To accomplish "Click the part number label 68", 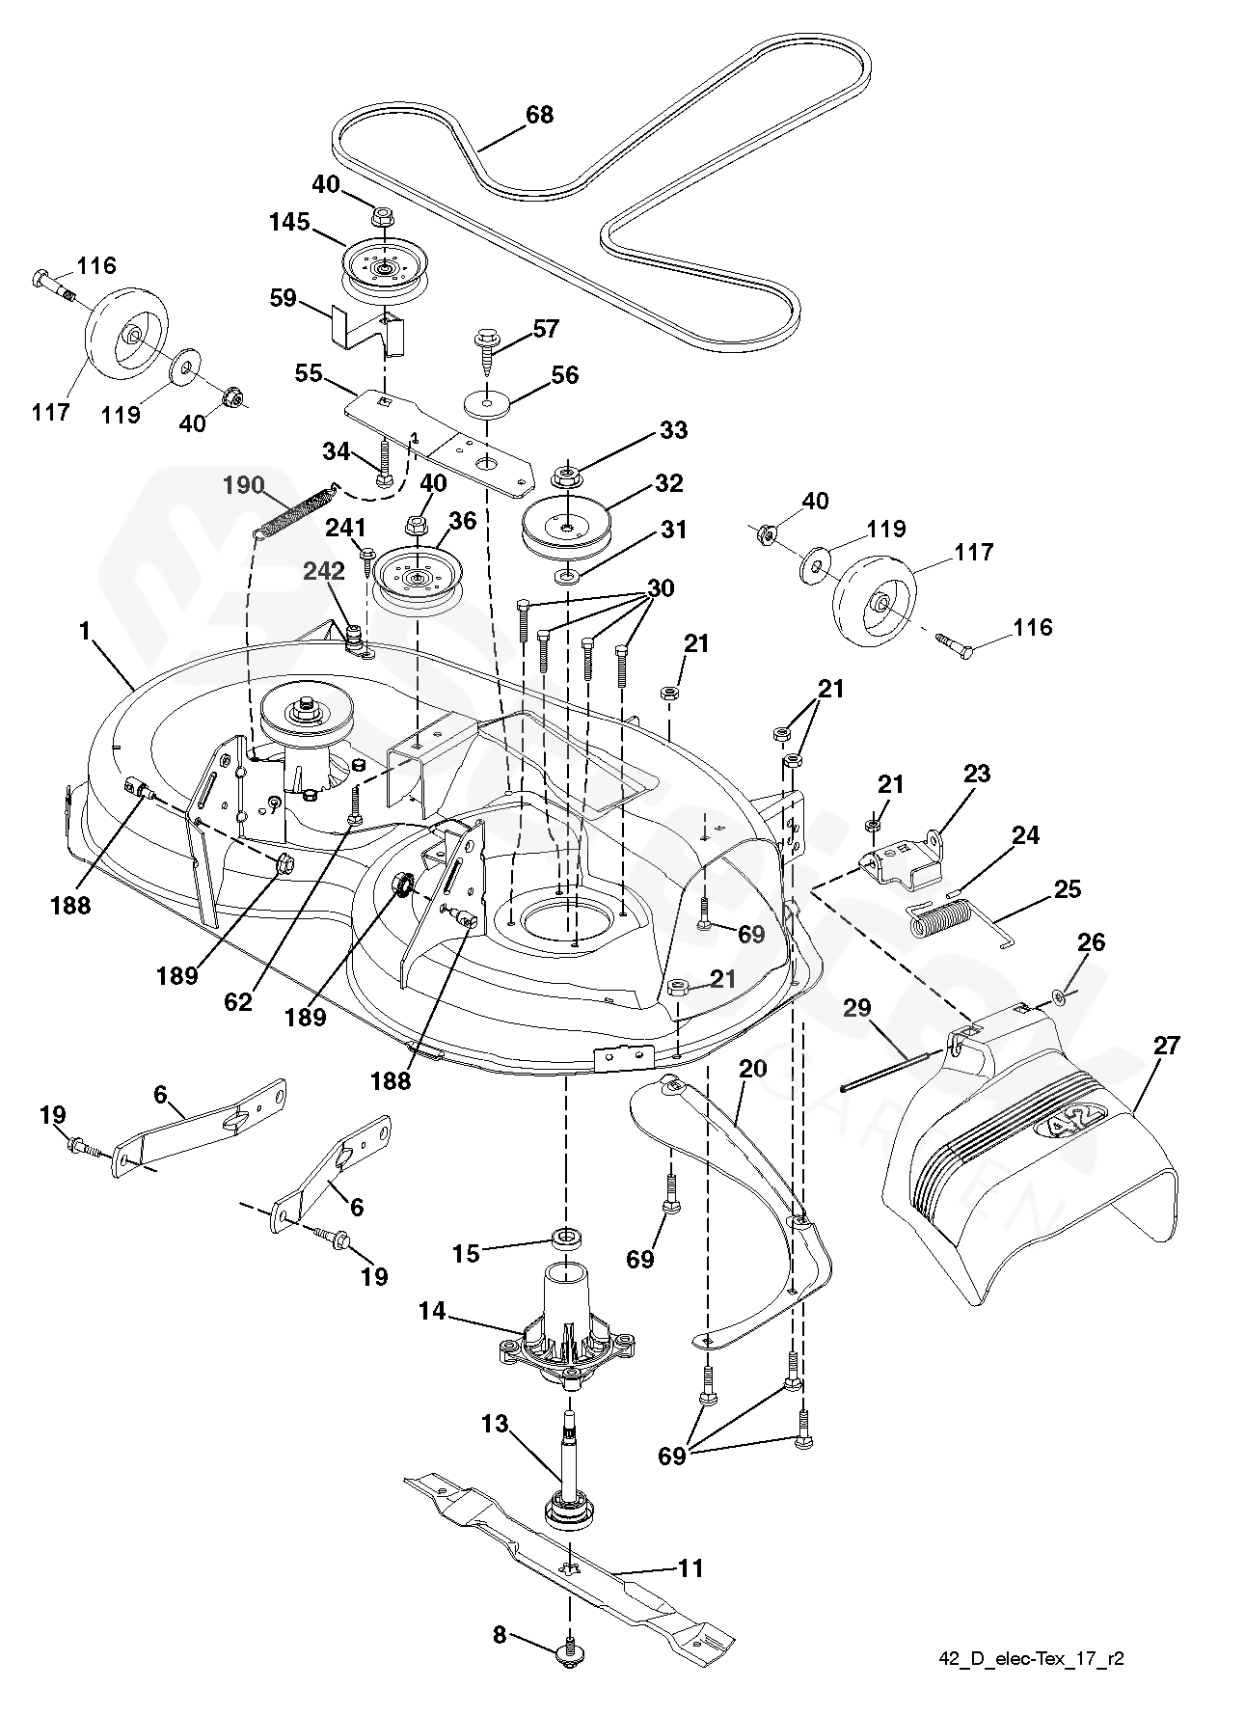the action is pos(539,115).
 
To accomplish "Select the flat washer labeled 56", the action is pos(487,400).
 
